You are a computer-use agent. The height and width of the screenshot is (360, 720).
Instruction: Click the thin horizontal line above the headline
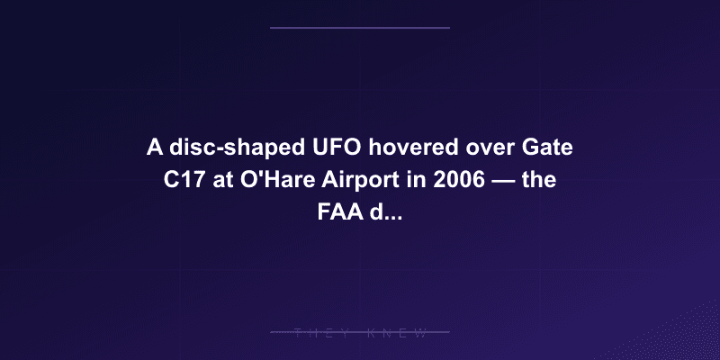pos(360,28)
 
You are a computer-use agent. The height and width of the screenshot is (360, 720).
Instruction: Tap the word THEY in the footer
pos(317,333)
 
